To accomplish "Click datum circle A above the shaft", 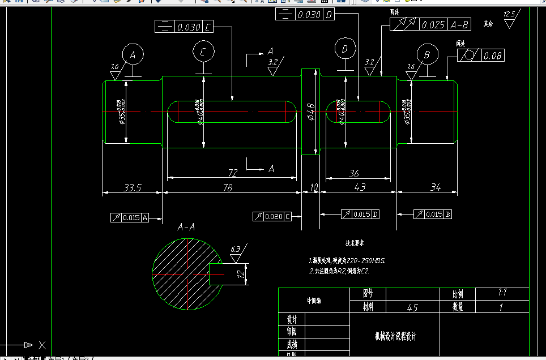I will (133, 55).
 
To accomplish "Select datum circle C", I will (203, 52).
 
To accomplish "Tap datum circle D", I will (344, 49).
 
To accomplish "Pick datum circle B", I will (427, 55).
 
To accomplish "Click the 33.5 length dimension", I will (132, 187).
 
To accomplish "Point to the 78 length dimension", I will (228, 187).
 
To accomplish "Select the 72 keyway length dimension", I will (232, 172).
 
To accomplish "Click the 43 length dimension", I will (359, 187).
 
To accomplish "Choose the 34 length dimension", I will (436, 187).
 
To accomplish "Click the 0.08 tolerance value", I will (492, 55).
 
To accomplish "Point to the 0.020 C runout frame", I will (272, 216).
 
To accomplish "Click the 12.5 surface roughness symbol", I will (509, 15).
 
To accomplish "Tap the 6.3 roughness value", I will (236, 248).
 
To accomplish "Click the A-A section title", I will (186, 228).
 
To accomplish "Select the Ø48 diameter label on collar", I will (310, 112).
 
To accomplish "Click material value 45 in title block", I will (412, 307).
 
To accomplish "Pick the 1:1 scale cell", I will (501, 293).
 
